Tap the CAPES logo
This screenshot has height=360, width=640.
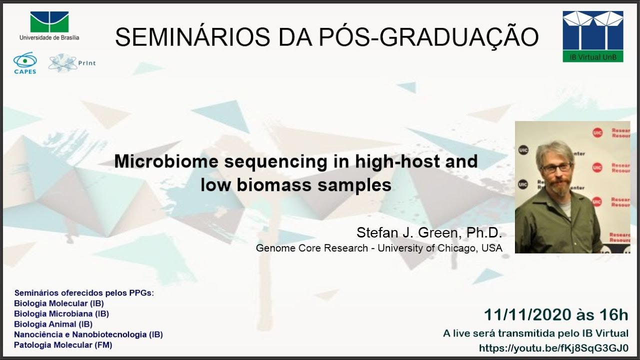[24, 63]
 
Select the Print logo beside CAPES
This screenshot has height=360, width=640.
[71, 63]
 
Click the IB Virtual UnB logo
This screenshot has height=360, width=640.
[593, 36]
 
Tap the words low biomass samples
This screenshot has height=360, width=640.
[295, 185]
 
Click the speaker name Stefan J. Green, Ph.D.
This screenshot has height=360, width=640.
[429, 233]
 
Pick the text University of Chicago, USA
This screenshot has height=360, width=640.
[440, 248]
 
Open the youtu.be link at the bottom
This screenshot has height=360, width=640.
[553, 348]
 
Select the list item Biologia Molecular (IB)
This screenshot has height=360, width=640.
[59, 303]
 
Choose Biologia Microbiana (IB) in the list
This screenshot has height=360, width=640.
[61, 313]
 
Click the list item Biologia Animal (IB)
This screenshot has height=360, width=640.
[53, 324]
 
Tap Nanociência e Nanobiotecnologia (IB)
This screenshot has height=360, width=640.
[88, 334]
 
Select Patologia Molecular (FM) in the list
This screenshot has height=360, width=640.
[63, 345]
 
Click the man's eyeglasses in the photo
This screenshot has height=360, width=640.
[556, 168]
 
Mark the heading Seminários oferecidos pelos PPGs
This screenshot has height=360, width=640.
[84, 293]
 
